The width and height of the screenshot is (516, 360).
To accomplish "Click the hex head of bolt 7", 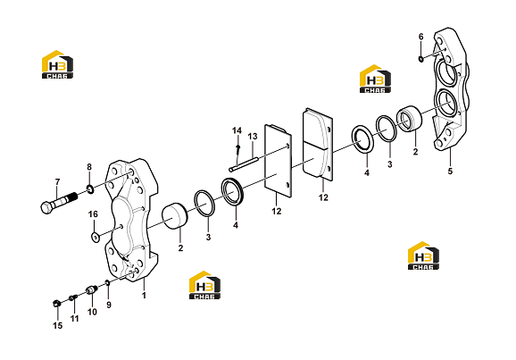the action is [x=46, y=207].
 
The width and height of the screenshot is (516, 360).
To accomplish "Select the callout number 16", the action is [x=93, y=214].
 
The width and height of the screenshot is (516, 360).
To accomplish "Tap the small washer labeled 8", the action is [x=90, y=189].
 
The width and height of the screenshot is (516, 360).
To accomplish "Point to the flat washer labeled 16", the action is [x=95, y=236].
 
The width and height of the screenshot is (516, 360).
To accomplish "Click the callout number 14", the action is [x=237, y=130].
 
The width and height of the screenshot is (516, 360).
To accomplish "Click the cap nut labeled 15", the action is [x=56, y=303].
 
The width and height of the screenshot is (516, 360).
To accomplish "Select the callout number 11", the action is [x=75, y=319].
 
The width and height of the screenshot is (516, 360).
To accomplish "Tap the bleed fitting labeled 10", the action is [x=91, y=289].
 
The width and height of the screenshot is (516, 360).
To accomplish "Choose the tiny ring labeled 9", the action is [x=107, y=282].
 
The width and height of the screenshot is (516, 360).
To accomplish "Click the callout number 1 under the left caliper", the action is [x=144, y=295].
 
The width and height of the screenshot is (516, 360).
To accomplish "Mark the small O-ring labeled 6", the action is [x=420, y=59].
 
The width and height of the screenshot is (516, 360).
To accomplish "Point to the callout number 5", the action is [x=450, y=172].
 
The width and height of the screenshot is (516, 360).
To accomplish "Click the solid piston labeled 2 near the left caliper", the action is [x=175, y=216].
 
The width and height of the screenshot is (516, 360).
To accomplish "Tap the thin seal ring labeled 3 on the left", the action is [x=204, y=204].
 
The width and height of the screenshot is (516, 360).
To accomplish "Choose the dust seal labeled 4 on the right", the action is [x=362, y=139].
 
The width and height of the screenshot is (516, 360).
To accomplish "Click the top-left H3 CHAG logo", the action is [x=58, y=64].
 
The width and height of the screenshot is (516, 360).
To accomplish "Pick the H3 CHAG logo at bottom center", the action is [x=204, y=285].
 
